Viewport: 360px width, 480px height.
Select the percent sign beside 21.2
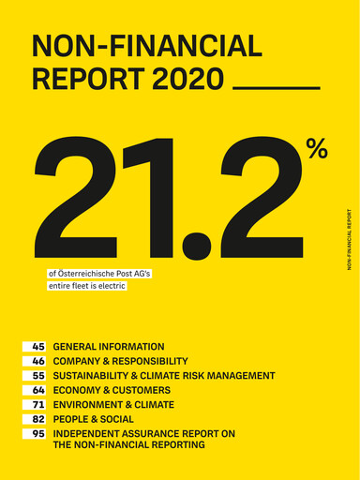click(x=316, y=148)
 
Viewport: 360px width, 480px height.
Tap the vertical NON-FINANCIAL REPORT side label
click(x=349, y=239)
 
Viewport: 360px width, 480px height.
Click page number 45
click(x=38, y=347)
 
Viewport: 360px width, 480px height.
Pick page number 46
click(x=38, y=361)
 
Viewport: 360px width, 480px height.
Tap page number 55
click(x=38, y=376)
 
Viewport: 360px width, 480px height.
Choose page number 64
click(x=38, y=390)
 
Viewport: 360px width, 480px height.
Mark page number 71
click(x=38, y=405)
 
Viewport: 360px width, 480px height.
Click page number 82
click(x=38, y=419)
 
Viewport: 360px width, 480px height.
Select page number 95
click(x=38, y=434)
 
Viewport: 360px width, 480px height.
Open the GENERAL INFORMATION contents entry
click(x=109, y=347)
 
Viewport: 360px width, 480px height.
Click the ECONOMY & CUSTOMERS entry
click(x=112, y=390)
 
